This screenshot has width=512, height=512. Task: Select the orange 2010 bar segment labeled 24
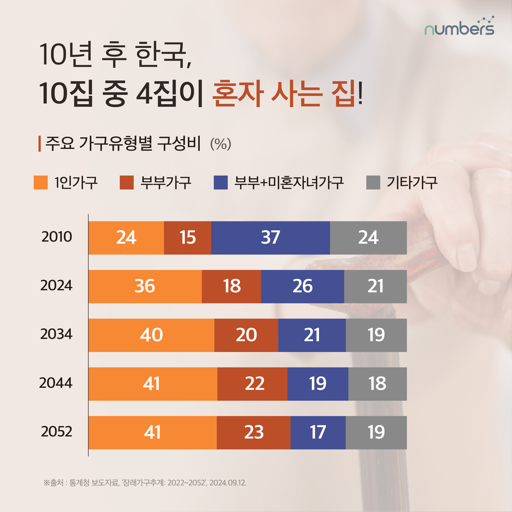point(126,238)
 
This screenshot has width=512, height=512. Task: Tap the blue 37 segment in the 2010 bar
point(270,238)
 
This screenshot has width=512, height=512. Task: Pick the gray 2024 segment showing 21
point(375,286)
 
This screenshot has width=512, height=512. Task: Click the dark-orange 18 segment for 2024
point(231,286)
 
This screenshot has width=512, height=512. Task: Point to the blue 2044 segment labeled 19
point(317,384)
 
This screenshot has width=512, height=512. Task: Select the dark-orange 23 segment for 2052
point(254,432)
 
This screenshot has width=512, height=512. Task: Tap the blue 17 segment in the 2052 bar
point(318,432)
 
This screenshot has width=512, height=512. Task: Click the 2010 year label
point(57,237)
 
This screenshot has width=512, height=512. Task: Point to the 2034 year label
point(56,334)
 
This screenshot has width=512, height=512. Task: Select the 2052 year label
point(57,431)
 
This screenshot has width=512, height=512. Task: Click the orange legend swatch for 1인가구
point(41,182)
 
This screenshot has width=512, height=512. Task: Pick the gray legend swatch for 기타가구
point(373,182)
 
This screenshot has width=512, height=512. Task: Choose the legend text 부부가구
point(166,183)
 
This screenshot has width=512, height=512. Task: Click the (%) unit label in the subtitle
point(220,144)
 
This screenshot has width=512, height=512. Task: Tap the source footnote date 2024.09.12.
point(228,483)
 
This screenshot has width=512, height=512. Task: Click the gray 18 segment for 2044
point(377,384)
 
